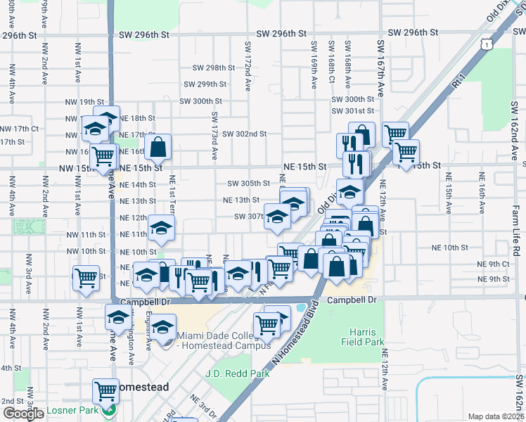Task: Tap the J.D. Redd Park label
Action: point(238,373)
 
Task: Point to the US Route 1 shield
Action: point(487,44)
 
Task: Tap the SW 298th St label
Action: point(214,68)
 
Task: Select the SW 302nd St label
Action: point(244,134)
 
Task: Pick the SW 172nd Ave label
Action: point(248,65)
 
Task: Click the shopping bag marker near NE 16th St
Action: point(159,146)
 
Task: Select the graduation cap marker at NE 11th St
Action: point(162,227)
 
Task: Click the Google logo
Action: point(23,414)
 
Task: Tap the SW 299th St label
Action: point(205,84)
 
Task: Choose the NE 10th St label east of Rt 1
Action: point(450,248)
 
